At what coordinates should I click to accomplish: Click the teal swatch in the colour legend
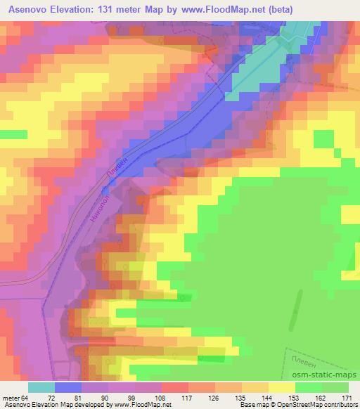(x=41, y=387)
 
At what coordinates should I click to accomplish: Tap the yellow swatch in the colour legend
(x=282, y=387)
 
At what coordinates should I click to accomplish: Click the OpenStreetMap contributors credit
(x=313, y=405)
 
